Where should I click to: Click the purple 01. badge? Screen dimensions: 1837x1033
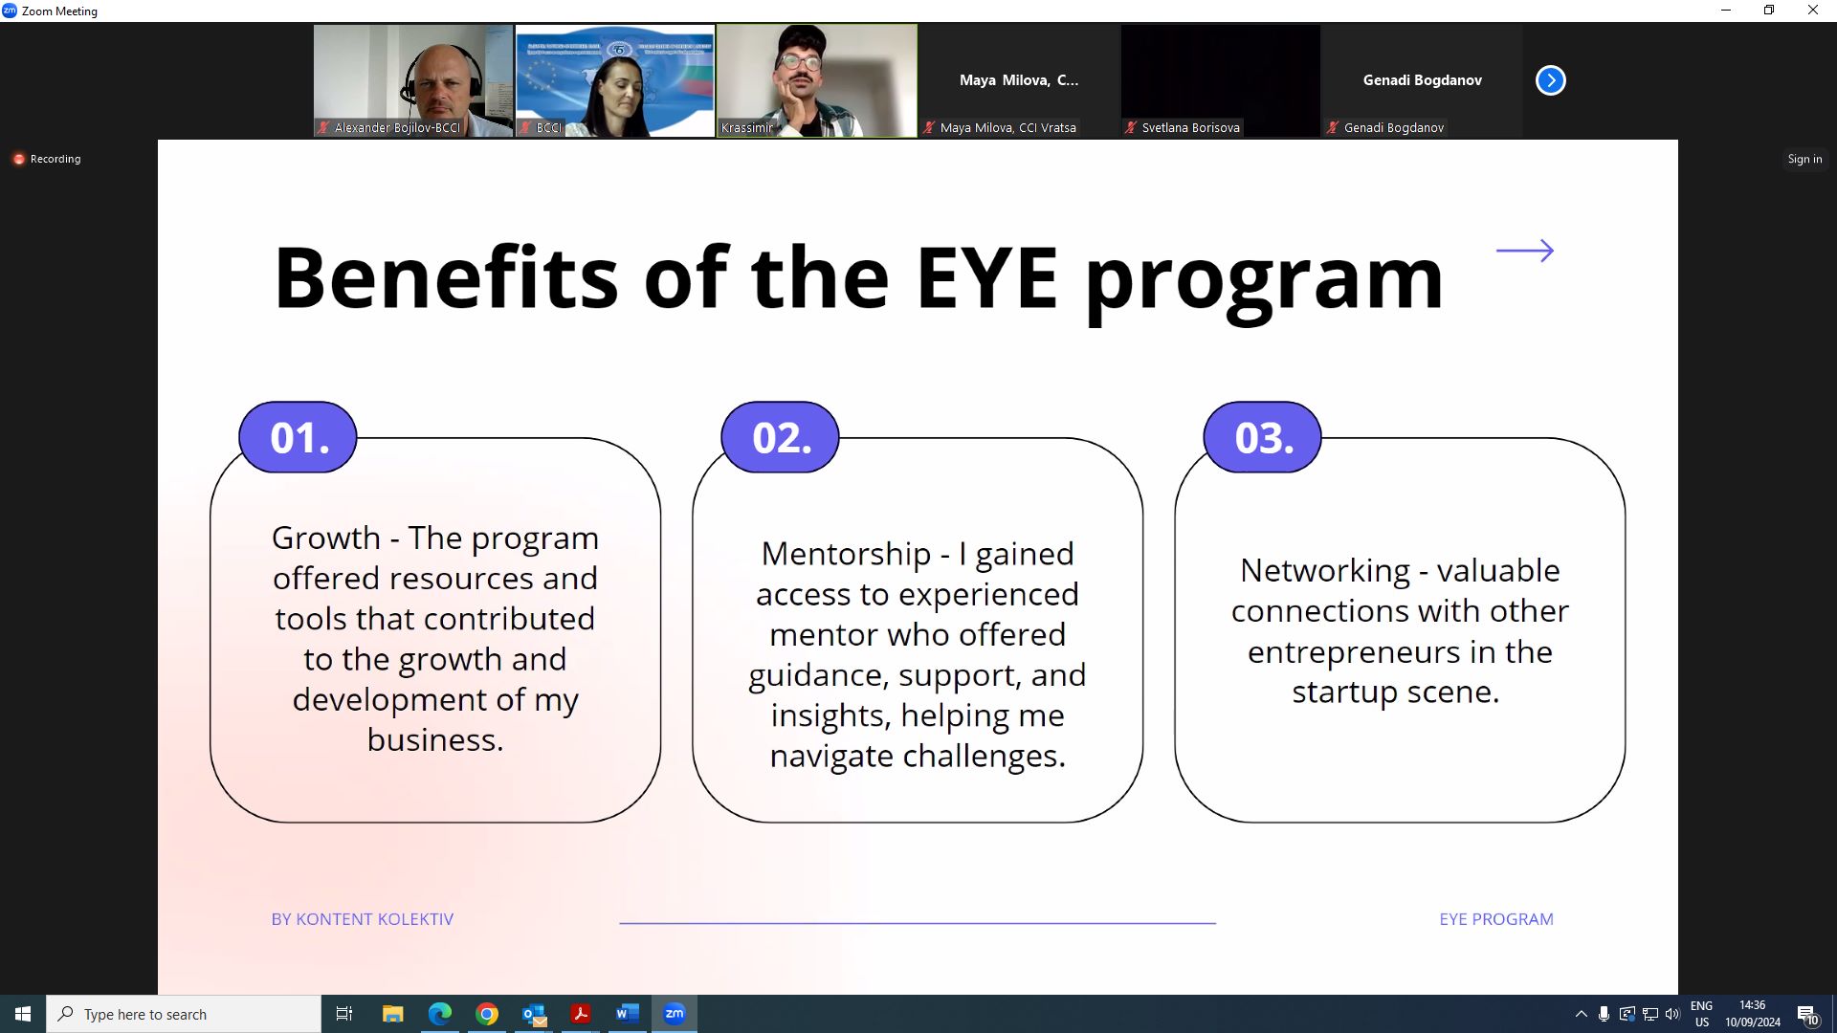pos(298,437)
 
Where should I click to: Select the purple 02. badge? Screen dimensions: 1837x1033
pos(780,437)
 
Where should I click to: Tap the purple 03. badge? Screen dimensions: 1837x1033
pos(1262,437)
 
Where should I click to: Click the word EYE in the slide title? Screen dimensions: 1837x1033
pos(986,278)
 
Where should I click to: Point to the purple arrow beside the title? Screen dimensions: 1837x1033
pos(1525,251)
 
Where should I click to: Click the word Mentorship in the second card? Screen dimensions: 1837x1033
pos(846,554)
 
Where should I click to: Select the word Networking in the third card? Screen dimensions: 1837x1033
pos(1325,571)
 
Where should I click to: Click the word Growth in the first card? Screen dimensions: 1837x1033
pos(326,538)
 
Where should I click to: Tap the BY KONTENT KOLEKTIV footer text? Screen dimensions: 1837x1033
pos(363,919)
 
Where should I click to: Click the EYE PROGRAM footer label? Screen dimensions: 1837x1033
pos(1496,919)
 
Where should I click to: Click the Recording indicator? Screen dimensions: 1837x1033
pos(47,159)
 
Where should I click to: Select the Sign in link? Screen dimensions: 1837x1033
pos(1804,159)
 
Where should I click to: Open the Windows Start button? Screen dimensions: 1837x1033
pos(23,1014)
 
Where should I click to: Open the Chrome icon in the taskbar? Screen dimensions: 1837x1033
pos(487,1014)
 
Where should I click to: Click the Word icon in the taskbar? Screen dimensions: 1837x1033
pos(628,1014)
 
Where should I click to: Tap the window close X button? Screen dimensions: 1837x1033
pos(1813,11)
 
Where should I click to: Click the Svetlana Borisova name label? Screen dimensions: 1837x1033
pos(1190,127)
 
